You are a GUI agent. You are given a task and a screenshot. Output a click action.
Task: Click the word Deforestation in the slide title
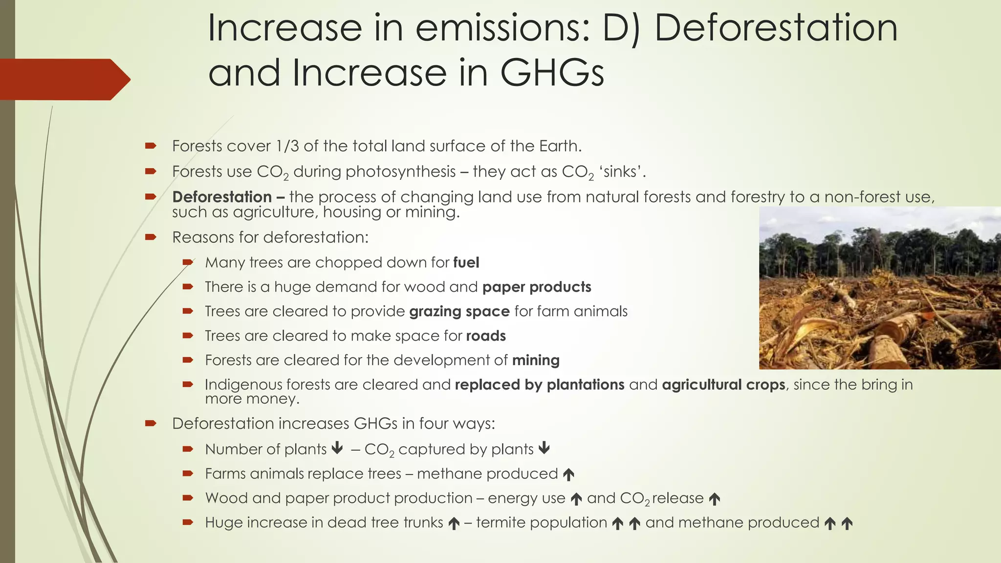coord(776,28)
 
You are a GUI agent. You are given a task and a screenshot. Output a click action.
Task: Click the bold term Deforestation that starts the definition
coord(222,197)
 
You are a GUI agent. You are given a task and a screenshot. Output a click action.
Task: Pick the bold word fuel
coord(466,263)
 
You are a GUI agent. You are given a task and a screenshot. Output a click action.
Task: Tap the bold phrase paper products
coord(537,287)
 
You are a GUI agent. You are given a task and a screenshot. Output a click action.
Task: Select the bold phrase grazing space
coord(459,311)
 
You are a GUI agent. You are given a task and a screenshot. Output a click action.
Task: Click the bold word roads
coord(486,336)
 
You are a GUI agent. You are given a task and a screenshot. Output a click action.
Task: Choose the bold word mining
coord(536,360)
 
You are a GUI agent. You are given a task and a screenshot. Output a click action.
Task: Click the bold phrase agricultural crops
coord(723,385)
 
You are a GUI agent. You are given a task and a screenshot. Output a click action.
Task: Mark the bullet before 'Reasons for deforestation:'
coord(150,238)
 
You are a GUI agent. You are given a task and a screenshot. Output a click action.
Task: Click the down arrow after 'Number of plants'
coord(337,448)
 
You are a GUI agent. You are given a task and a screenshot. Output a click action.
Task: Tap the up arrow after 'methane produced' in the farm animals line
coord(568,474)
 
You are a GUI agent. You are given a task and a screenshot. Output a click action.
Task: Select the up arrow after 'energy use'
coord(576,499)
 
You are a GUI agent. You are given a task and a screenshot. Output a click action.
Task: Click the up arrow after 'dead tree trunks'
coord(454,523)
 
